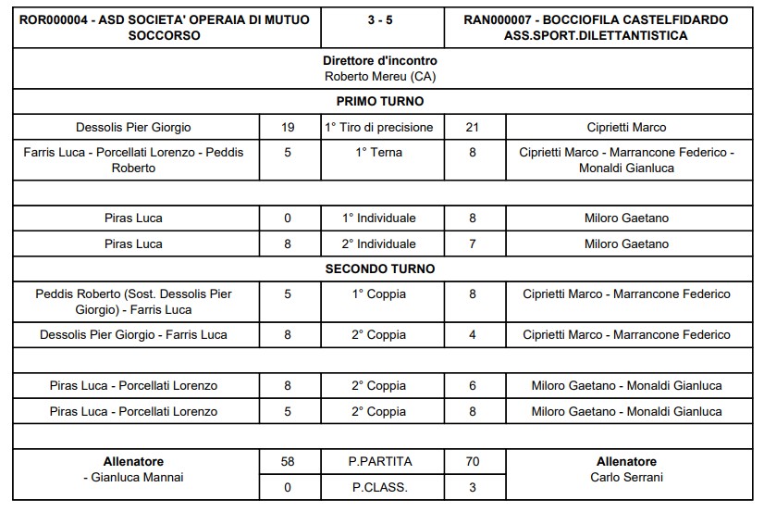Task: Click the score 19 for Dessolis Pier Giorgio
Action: (x=287, y=127)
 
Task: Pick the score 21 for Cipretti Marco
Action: (x=473, y=127)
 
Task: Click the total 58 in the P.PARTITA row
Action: (x=287, y=461)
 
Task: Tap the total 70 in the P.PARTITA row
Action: (x=473, y=461)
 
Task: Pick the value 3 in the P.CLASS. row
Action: (x=473, y=486)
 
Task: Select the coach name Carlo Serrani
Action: (x=626, y=478)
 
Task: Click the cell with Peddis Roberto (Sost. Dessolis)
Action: (x=135, y=301)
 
